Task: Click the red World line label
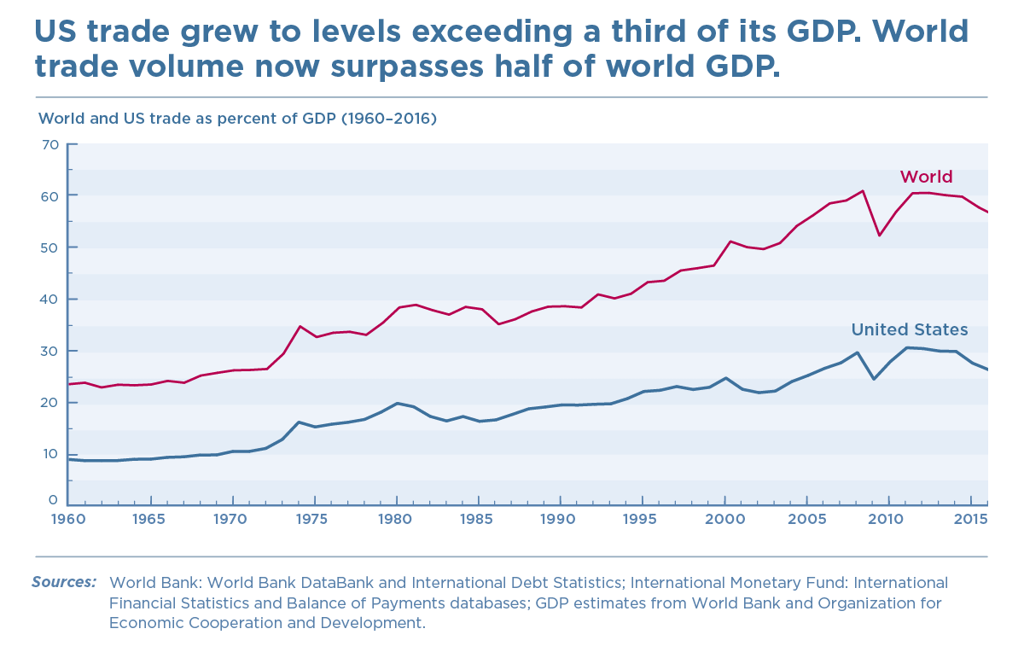click(926, 178)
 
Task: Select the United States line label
click(910, 329)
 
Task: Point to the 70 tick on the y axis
click(49, 144)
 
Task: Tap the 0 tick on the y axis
click(53, 500)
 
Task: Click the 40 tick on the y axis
click(49, 300)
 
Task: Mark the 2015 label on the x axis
click(969, 519)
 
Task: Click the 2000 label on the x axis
click(724, 519)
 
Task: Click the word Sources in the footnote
click(64, 582)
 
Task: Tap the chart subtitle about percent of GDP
click(238, 119)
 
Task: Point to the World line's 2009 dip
click(879, 236)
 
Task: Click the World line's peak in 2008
click(863, 190)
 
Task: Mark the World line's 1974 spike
click(300, 326)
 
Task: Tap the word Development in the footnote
click(373, 623)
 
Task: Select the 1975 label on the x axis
click(314, 519)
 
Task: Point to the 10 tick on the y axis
click(49, 454)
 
